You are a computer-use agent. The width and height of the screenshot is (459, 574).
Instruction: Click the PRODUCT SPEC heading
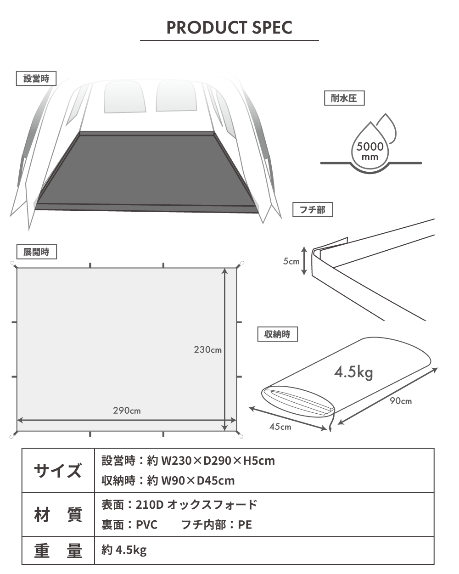(x=229, y=28)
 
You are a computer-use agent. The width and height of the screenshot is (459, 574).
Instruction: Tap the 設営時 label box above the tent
(x=36, y=79)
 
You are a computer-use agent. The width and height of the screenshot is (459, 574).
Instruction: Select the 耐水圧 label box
(x=344, y=98)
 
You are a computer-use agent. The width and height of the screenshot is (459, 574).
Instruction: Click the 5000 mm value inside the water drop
(x=370, y=151)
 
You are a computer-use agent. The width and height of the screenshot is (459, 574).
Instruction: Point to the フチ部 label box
(x=313, y=210)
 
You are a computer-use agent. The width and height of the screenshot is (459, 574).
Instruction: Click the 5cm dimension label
(x=291, y=261)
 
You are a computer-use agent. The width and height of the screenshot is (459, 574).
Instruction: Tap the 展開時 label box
(x=37, y=252)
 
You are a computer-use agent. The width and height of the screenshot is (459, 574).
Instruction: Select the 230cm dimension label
(x=208, y=349)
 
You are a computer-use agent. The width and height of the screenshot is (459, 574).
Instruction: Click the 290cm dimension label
(x=127, y=410)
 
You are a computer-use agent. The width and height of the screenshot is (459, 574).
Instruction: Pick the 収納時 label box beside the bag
(x=277, y=334)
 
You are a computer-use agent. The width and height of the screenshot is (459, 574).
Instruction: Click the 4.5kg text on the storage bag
(x=353, y=372)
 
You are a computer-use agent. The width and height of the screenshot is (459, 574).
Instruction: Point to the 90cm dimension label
(x=401, y=400)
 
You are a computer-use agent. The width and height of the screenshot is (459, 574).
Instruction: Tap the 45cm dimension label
(x=280, y=427)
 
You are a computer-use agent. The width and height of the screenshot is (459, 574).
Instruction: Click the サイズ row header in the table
(x=58, y=471)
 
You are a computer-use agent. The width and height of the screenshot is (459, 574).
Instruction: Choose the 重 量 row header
(x=58, y=551)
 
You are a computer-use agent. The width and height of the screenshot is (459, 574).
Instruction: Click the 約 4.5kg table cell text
(x=124, y=550)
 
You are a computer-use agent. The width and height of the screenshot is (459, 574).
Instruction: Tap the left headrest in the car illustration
(x=124, y=96)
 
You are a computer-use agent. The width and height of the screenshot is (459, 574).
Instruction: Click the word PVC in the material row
(x=147, y=524)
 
